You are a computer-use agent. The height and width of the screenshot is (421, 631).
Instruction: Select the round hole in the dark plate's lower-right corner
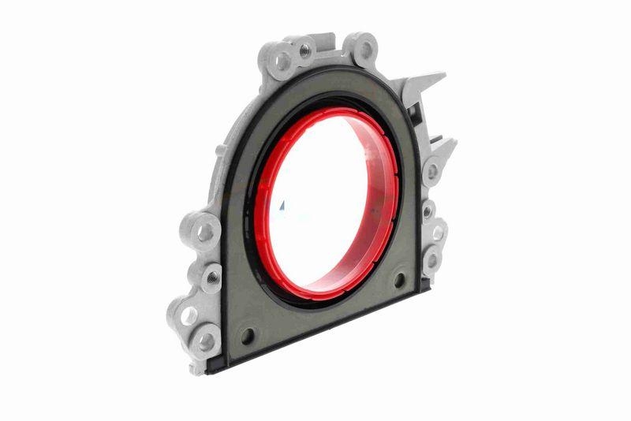click(x=399, y=279)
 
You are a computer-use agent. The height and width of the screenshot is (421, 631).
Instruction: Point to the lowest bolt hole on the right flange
click(x=431, y=259)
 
